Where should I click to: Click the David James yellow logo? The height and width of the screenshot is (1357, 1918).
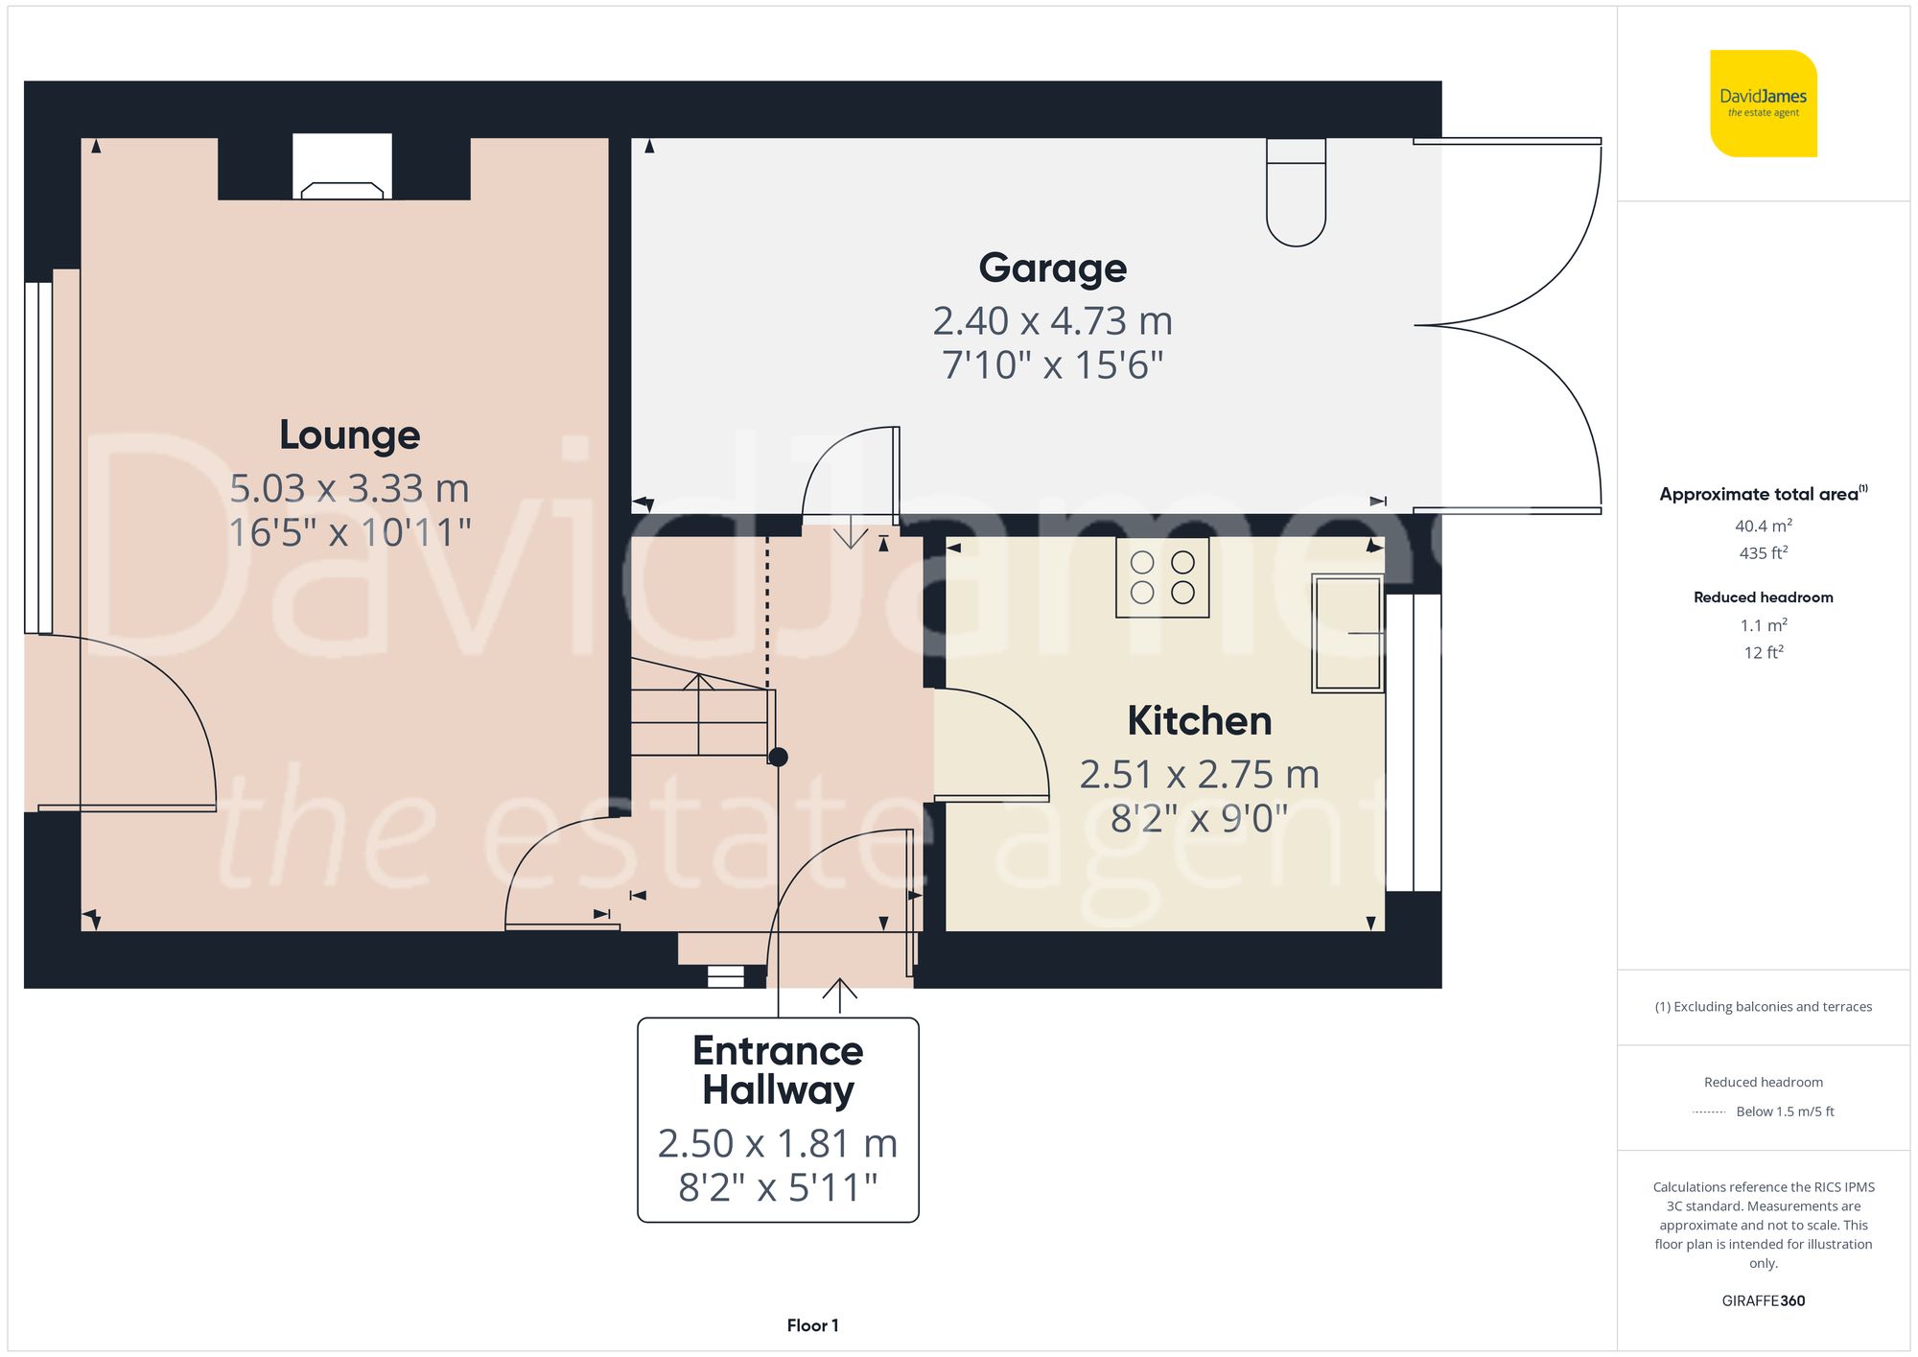pos(1763,104)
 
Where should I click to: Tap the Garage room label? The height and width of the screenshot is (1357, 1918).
pos(1052,268)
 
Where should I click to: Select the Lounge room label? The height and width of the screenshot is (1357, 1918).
pos(349,435)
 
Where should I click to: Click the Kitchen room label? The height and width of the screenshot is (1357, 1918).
pos(1199,721)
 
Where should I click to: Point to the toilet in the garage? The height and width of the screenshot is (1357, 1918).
pos(1296,192)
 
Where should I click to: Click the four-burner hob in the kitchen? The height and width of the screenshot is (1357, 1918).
pos(1162,577)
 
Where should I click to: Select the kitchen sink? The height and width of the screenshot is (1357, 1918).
pos(1346,633)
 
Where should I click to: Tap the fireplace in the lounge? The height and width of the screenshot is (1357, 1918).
pos(342,168)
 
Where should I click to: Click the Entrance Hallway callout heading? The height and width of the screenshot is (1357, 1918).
pos(778,1070)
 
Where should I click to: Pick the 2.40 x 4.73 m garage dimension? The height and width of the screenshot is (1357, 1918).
pos(1052,321)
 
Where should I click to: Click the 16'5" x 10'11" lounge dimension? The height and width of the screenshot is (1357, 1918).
pos(349,533)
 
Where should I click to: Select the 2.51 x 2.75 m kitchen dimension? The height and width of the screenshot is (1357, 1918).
pos(1199,775)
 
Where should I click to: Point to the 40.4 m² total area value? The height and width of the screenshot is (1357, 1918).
pos(1763,526)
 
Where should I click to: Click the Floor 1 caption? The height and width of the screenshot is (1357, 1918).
pos(812,1325)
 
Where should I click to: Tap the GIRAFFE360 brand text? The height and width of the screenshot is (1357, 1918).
pos(1763,1300)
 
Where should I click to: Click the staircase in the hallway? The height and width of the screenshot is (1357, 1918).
pos(701,714)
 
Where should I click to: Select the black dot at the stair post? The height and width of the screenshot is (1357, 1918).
pos(778,757)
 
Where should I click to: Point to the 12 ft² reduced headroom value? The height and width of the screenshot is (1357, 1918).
pos(1763,652)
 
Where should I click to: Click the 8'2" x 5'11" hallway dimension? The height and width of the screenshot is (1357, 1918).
pos(778,1187)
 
